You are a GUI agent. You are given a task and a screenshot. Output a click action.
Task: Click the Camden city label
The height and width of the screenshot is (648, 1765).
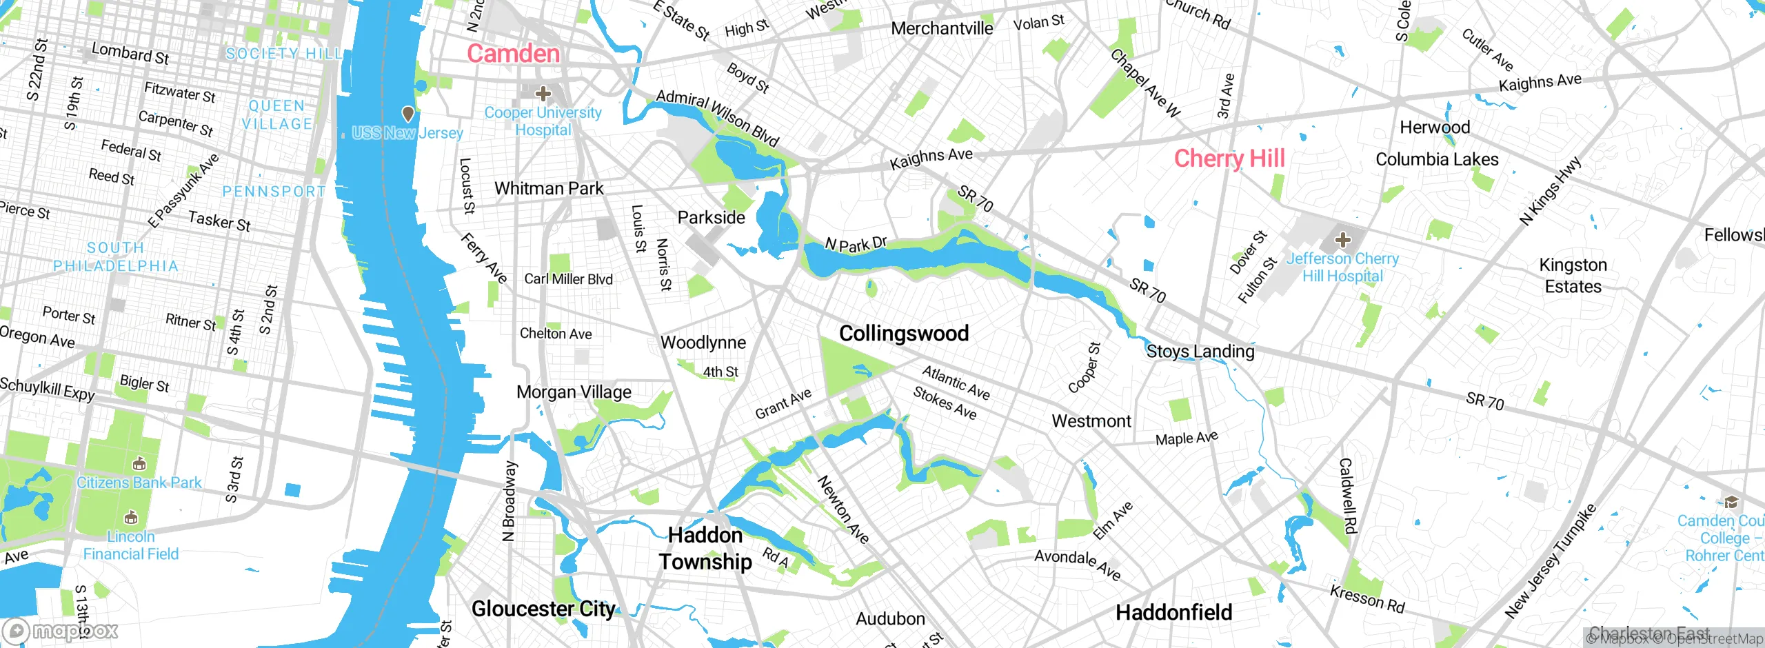coord(514,54)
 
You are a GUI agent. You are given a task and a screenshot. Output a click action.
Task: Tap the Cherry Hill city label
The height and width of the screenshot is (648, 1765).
coord(1229,159)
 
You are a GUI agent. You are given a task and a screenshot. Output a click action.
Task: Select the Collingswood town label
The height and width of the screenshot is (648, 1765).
coord(904,334)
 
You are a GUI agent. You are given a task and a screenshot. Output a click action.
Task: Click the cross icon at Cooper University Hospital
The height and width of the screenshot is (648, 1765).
coord(543,93)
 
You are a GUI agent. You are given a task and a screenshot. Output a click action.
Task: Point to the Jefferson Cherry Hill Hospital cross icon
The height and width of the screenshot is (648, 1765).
coord(1342,240)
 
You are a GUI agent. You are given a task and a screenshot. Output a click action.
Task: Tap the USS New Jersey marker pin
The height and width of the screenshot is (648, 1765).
coord(408,113)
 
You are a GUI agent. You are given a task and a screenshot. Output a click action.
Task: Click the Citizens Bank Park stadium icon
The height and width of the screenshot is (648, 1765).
coord(139,463)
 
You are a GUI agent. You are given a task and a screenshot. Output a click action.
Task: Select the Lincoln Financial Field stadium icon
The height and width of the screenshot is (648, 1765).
coord(131,517)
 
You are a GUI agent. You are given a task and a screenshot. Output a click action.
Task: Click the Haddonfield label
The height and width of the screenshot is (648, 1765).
coord(1174,612)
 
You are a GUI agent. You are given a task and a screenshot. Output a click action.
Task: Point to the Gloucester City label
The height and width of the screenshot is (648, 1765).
coord(543,609)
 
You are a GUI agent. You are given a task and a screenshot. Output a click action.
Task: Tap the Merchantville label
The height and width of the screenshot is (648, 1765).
coord(942,29)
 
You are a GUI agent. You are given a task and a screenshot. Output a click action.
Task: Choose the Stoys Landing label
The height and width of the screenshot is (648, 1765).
coord(1200,352)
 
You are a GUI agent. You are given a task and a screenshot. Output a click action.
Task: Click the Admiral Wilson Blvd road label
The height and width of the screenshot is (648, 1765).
coord(717,119)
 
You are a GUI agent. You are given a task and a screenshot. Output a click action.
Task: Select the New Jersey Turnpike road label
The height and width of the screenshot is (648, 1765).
coord(1549,562)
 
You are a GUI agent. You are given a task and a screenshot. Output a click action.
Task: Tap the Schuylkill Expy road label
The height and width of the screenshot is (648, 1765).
coord(47,389)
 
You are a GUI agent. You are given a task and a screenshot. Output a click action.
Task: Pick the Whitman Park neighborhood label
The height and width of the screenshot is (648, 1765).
coord(549,188)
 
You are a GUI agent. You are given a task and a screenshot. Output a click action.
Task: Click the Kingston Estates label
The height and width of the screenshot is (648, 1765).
coord(1573,276)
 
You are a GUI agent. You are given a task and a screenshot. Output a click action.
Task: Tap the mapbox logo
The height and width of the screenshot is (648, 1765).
coord(61,630)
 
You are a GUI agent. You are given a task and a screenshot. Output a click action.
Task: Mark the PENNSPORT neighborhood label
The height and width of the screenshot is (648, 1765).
coord(274,192)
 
